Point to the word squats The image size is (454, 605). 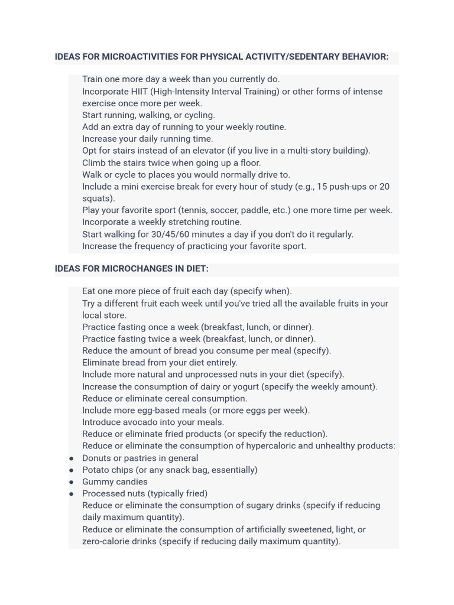point(98,199)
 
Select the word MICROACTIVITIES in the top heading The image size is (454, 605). point(140,57)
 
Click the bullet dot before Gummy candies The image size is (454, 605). point(72,482)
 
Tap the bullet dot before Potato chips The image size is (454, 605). point(72,470)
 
